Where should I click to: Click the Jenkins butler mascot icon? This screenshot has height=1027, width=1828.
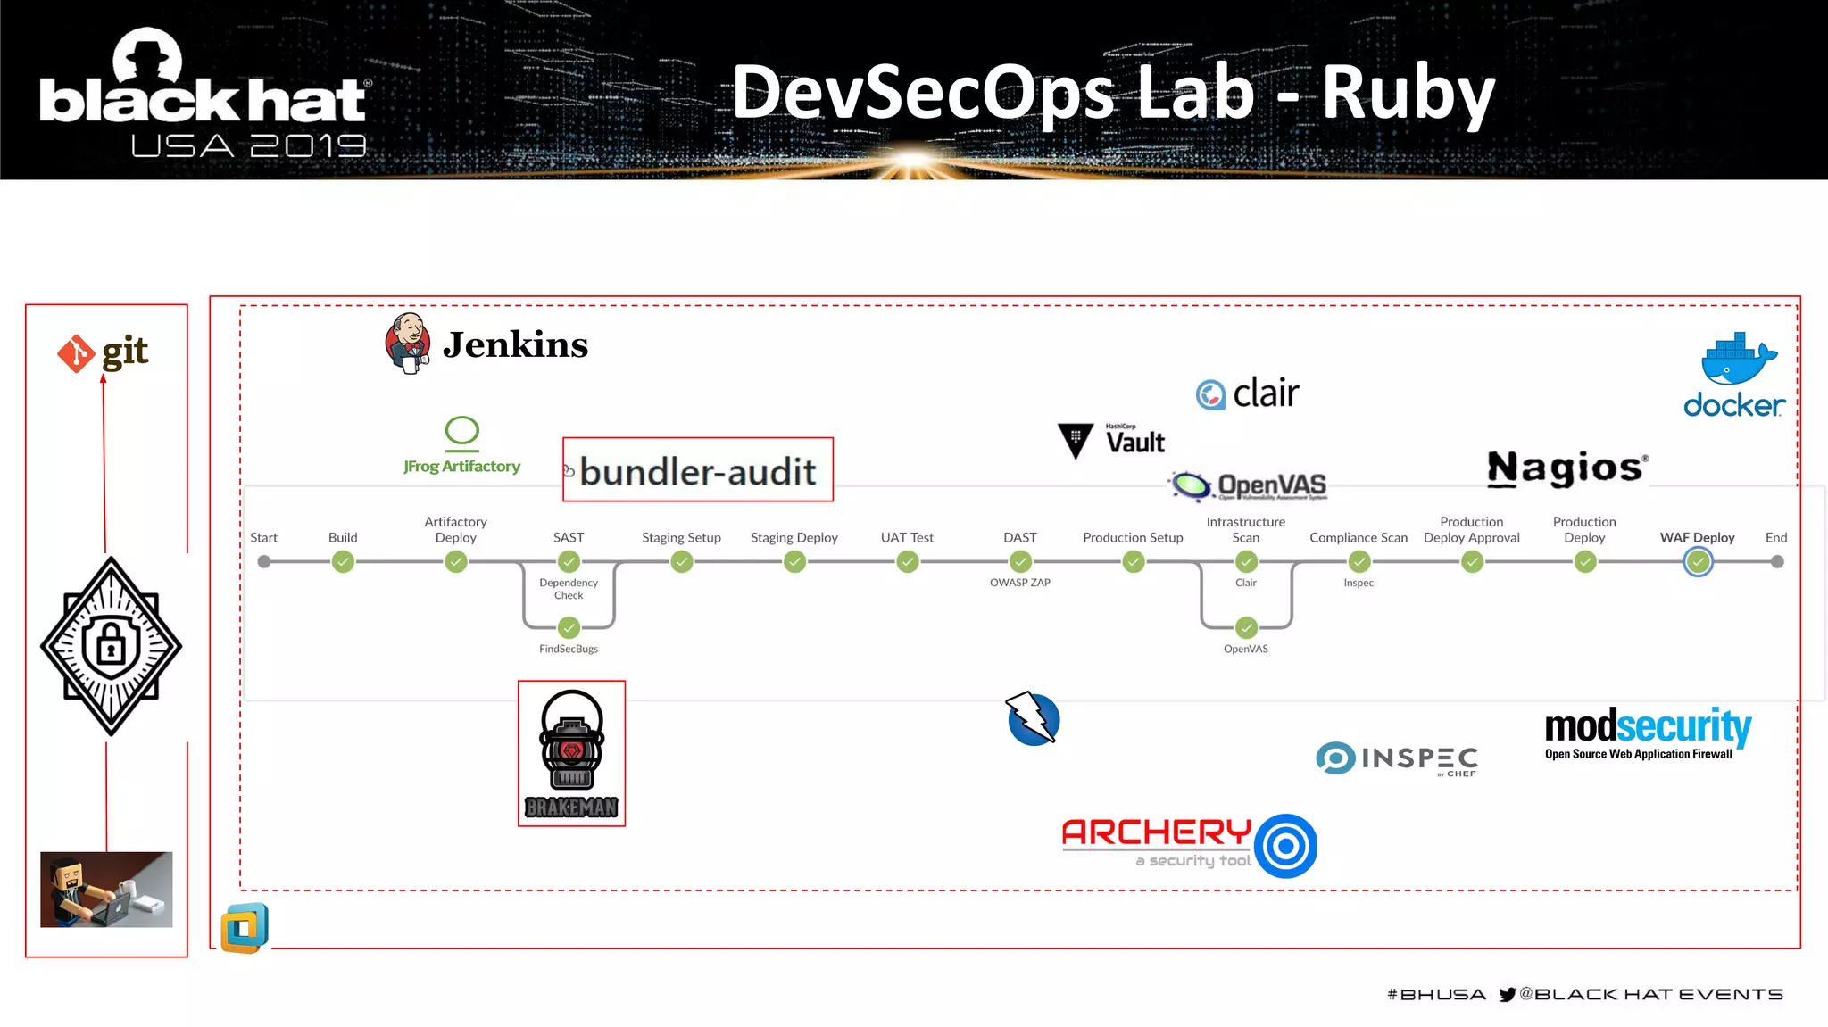(x=408, y=344)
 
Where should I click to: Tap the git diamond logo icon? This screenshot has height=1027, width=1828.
(x=77, y=353)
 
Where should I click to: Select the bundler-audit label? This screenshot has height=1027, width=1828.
(x=698, y=471)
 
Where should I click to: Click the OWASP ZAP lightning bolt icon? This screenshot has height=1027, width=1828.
(x=1033, y=719)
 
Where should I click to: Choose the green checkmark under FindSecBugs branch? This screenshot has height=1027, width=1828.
(x=569, y=627)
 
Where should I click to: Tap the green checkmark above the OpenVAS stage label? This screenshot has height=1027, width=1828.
(x=1246, y=627)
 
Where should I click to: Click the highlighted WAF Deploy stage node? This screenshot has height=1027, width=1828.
(x=1698, y=562)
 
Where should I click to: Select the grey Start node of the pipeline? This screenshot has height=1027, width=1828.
(x=264, y=562)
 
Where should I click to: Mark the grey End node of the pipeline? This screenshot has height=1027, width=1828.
(x=1777, y=562)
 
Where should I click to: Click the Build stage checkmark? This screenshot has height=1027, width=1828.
(x=343, y=562)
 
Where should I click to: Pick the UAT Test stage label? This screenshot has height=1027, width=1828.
(x=907, y=537)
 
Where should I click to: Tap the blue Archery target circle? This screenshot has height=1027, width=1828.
(x=1285, y=846)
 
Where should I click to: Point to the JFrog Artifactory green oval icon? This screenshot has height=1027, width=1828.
(x=462, y=431)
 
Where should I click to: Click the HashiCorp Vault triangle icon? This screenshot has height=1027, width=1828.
(x=1076, y=440)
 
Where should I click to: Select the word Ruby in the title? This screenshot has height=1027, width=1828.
(x=1408, y=94)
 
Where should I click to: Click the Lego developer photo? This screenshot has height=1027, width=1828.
(x=106, y=889)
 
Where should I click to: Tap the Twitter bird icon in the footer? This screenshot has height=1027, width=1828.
(x=1508, y=994)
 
